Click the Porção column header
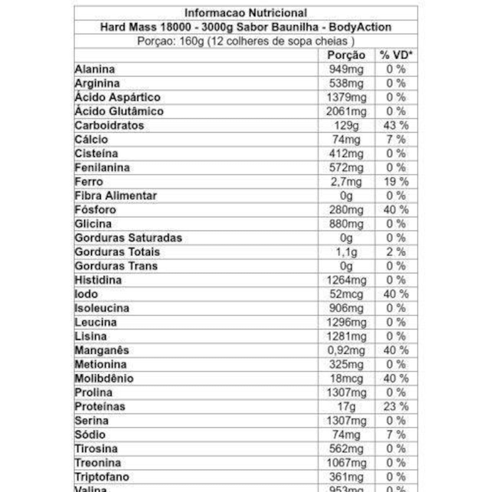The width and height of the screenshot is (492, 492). point(346,55)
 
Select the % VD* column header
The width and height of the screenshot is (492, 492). point(396,55)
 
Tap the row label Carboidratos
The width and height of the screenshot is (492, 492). point(109,125)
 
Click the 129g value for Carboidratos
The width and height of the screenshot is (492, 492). point(346,125)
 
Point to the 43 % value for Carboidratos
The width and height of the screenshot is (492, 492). point(396,125)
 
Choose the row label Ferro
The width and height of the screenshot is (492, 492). point(89,182)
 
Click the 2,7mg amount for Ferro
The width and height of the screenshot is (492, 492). point(346,182)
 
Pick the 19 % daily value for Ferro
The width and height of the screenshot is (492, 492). point(396,182)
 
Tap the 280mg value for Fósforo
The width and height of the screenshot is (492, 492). point(346,210)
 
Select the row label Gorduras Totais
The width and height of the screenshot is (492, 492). point(117,252)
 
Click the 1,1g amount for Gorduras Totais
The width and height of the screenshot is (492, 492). point(346,252)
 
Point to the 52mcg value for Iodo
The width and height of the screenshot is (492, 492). point(346,294)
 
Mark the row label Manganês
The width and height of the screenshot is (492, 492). point(102,350)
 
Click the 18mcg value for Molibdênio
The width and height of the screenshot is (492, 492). point(346,379)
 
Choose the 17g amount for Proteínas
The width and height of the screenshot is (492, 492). point(346,407)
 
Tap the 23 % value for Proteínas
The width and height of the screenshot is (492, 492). point(396,407)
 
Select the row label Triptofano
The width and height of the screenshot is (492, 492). point(102,477)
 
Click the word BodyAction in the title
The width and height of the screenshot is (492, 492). point(360,27)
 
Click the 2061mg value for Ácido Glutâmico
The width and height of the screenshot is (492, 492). point(346,111)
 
